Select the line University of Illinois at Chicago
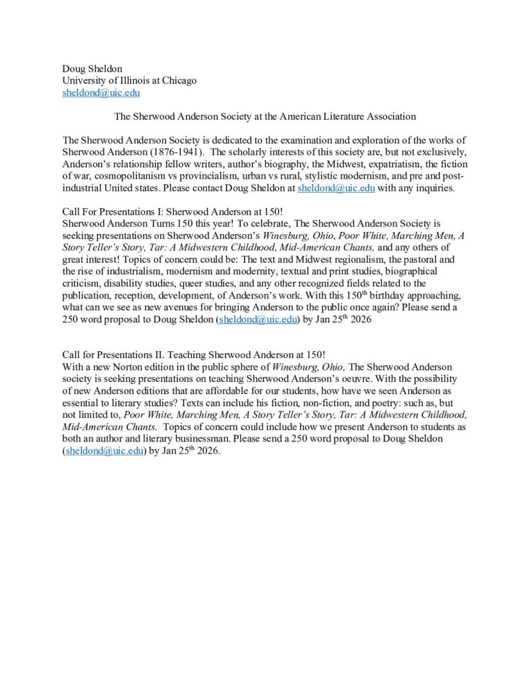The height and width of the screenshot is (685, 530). [129, 80]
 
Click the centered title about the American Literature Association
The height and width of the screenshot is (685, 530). [265, 116]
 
